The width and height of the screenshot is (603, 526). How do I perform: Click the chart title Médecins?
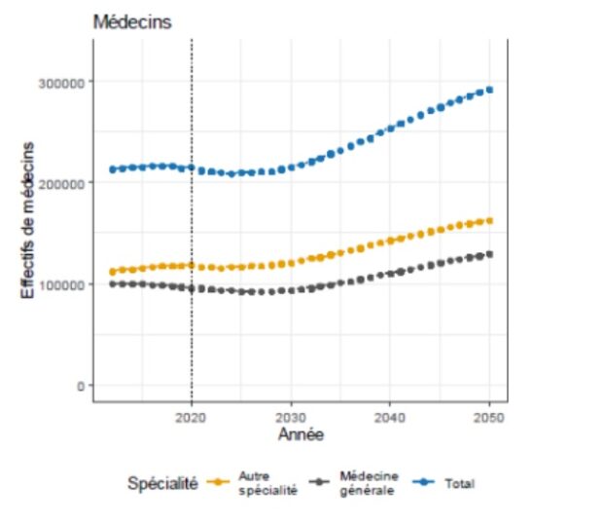pos(132,22)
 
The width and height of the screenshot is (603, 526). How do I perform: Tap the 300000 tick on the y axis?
pos(60,82)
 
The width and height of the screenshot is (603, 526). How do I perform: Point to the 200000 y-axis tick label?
pos(60,183)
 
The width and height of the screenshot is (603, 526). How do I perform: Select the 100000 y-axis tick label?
pos(60,284)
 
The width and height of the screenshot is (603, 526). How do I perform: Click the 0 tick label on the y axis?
pos(79,386)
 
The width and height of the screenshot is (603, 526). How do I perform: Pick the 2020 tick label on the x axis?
pos(192,413)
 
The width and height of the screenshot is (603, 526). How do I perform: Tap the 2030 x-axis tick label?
pos(291,413)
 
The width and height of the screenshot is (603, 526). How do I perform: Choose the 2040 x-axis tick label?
pos(390,413)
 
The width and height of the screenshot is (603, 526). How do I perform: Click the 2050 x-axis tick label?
pos(489,413)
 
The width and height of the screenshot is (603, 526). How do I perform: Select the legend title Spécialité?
pos(162,482)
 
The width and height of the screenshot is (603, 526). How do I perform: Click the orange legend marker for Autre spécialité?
pos(219,482)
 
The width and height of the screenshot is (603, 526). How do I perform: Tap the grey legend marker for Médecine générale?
pos(321,482)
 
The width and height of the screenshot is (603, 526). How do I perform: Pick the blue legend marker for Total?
pos(420,482)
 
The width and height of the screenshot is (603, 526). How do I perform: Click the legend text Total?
pos(460,483)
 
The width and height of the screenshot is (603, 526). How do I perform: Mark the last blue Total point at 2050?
pos(489,90)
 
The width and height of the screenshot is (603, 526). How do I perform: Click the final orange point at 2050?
pos(489,221)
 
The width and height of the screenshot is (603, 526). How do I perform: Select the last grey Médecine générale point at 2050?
pos(489,254)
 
